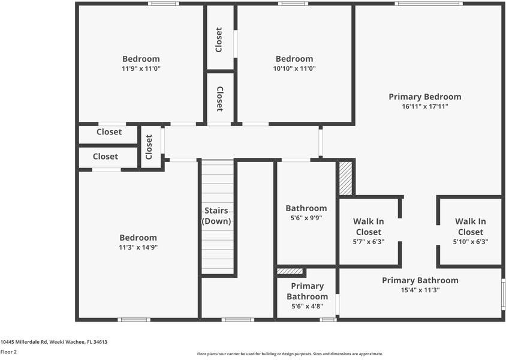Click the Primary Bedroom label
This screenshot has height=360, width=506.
pyautogui.click(x=424, y=97)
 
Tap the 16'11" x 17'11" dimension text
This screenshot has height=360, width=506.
pyautogui.click(x=424, y=106)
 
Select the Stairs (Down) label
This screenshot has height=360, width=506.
pyautogui.click(x=216, y=215)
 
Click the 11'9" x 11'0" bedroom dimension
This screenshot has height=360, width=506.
pyautogui.click(x=141, y=68)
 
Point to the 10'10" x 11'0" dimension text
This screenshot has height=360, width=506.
pyautogui.click(x=294, y=68)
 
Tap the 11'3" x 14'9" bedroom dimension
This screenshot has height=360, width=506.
pyautogui.click(x=138, y=247)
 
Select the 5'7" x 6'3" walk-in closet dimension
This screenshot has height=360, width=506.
pyautogui.click(x=369, y=242)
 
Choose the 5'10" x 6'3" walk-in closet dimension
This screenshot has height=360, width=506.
pyautogui.click(x=470, y=242)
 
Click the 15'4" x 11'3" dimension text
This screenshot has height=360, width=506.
pyautogui.click(x=420, y=290)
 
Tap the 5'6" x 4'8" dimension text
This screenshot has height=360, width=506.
pyautogui.click(x=307, y=306)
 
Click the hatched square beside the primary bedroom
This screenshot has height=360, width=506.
pyautogui.click(x=345, y=178)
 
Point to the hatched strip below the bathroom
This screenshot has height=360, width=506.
pyautogui.click(x=291, y=271)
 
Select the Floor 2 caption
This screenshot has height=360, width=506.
pyautogui.click(x=8, y=352)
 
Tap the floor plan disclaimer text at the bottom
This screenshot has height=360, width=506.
pyautogui.click(x=290, y=354)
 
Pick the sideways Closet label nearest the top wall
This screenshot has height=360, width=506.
pyautogui.click(x=219, y=40)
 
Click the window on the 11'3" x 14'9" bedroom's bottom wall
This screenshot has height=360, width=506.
pyautogui.click(x=134, y=319)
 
